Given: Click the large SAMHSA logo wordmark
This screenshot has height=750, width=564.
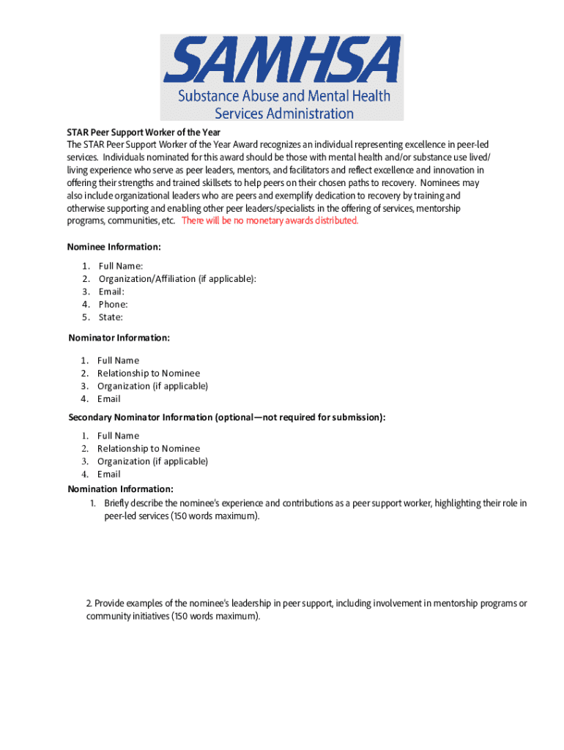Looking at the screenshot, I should pos(282,61).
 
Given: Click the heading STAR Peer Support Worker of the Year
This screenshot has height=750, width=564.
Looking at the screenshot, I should pos(144,133).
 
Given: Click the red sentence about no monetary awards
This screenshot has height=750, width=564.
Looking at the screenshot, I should pos(270,220).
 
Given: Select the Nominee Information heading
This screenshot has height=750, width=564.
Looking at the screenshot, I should pos(114,247).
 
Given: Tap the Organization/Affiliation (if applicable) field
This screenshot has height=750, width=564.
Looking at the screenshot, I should pos(177,279).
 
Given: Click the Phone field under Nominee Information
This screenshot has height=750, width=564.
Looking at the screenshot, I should pos(113,305).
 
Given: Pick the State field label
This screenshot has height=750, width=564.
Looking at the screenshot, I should pos(111,317).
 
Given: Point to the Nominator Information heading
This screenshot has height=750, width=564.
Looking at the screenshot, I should pos(119,338).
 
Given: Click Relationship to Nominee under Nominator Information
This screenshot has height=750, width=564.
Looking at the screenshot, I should pos(148,374).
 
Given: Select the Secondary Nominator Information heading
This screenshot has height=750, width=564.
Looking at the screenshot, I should pos(226,417).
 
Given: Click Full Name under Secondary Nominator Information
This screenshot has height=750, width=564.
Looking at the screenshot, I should pos(118,436).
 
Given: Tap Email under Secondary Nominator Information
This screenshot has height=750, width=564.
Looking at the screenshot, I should pos(108,474).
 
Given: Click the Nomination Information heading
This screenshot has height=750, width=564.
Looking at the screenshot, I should pos(120,489).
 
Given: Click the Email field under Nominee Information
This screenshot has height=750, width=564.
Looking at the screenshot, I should pos(111,292).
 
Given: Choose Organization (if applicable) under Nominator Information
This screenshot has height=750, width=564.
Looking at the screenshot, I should pos(152,386).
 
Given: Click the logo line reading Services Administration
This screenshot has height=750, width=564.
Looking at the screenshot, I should pos(283,114).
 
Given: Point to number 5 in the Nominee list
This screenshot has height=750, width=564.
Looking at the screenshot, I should pos(86,317).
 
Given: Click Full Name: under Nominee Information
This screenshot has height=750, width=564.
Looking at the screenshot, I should pos(121,266).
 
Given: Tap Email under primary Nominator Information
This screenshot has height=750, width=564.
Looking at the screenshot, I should pos(108,399).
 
